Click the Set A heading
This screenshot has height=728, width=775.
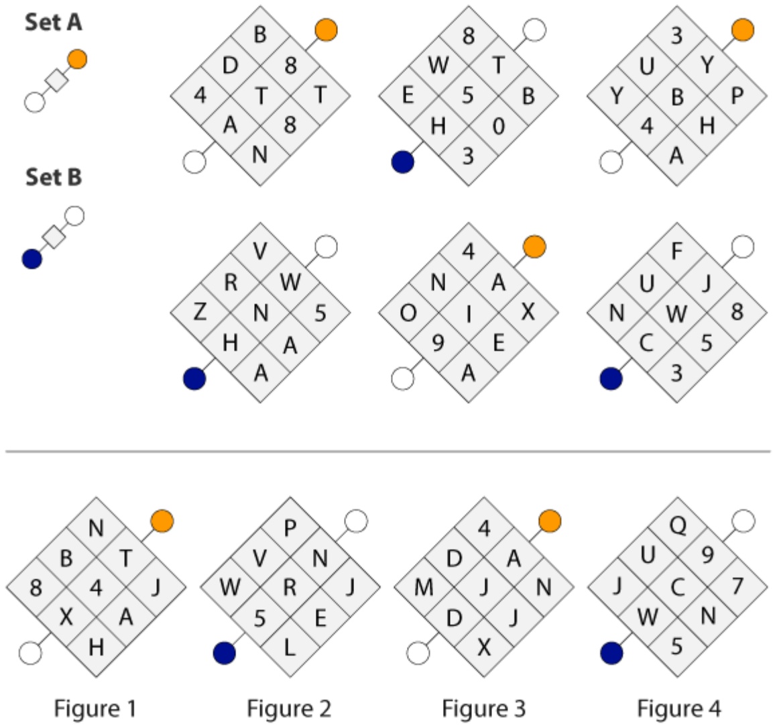click(54, 23)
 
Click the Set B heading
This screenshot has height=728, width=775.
click(54, 177)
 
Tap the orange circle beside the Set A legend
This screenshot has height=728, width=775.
click(78, 59)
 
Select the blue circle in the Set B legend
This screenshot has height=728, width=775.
click(32, 259)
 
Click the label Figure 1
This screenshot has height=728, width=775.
click(95, 709)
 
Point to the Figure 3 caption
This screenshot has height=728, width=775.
click(483, 709)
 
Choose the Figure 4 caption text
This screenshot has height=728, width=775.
click(678, 709)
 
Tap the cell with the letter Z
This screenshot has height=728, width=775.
click(200, 313)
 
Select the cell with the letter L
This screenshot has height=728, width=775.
click(290, 647)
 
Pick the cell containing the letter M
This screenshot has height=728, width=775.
click(424, 587)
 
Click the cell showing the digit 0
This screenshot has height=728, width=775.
click(499, 125)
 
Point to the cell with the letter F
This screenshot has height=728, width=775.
click(677, 252)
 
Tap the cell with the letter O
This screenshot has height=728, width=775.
click(408, 313)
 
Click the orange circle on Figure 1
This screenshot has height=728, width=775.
click(162, 521)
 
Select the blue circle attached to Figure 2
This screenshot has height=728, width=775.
click(225, 653)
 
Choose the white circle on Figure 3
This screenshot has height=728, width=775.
click(418, 653)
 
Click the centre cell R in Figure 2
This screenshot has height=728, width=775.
click(290, 587)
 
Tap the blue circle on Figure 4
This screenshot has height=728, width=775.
click(611, 653)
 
